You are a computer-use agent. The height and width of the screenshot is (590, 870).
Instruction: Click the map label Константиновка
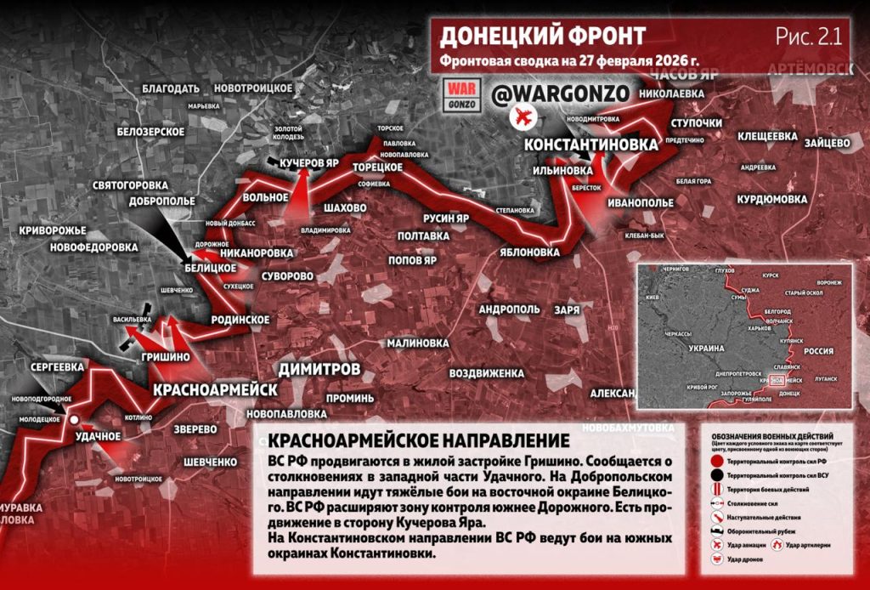[590, 145]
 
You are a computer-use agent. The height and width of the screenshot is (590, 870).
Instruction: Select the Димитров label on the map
[319, 369]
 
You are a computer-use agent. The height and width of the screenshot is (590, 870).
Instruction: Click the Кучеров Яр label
[309, 162]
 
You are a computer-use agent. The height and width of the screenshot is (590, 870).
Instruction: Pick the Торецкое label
[376, 167]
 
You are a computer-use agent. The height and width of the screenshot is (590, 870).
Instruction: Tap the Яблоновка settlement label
[529, 252]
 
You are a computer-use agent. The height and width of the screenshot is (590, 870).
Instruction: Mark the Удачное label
[99, 436]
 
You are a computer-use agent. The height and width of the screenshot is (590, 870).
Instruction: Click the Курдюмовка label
[771, 199]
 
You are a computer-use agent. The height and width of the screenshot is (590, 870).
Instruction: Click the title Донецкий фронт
[543, 37]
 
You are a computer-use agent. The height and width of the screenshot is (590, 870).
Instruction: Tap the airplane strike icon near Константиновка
[522, 117]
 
